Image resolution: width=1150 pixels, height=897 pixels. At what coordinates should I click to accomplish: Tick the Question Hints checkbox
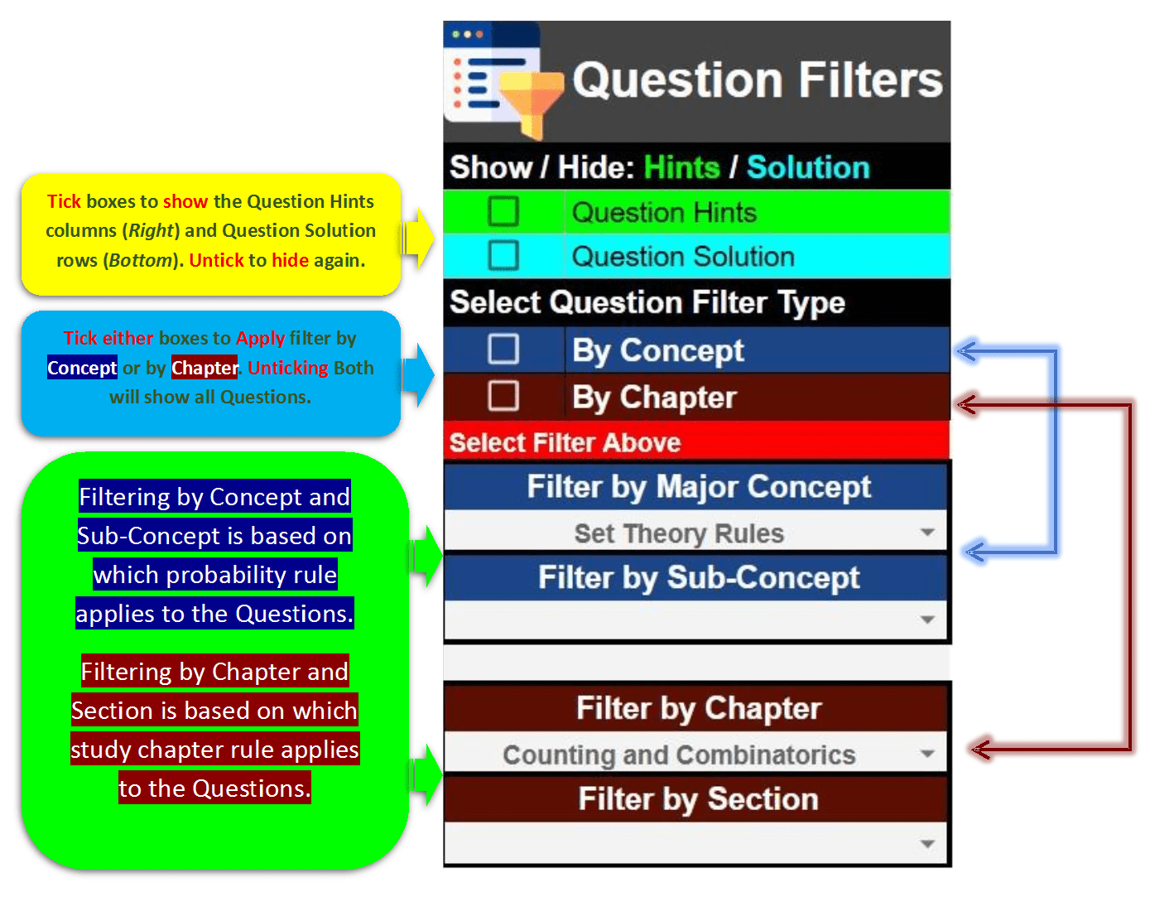tap(503, 211)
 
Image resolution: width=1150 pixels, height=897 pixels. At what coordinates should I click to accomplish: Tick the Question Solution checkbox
tap(503, 255)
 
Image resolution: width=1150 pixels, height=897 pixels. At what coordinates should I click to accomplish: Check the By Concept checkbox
tap(503, 349)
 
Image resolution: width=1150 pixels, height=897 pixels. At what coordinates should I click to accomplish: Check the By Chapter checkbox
tap(503, 396)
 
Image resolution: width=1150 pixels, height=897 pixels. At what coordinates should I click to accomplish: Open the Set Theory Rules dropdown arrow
tap(927, 533)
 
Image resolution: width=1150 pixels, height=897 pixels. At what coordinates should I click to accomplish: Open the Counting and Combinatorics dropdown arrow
tap(927, 754)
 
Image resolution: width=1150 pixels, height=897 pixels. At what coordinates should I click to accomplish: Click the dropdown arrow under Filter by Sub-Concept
tap(927, 620)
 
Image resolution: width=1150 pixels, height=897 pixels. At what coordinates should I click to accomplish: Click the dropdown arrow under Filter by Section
tap(927, 844)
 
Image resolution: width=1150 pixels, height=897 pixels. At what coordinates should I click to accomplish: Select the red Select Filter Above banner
tap(695, 441)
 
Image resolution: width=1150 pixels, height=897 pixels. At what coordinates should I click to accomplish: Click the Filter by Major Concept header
tap(698, 487)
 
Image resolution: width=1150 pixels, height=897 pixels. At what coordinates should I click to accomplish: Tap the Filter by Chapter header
tap(698, 709)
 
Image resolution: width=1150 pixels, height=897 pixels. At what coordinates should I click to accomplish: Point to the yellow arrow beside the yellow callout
tap(419, 239)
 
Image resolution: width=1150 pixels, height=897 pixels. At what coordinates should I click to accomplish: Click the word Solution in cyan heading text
tap(808, 167)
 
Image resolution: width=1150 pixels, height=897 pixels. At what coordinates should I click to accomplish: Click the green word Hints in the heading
tap(681, 167)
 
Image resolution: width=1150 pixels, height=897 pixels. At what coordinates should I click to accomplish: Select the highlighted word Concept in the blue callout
tap(82, 368)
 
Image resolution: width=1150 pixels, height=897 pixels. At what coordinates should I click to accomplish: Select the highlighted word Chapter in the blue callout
tap(204, 368)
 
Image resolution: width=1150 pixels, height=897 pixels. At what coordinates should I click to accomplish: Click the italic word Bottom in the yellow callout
tap(140, 260)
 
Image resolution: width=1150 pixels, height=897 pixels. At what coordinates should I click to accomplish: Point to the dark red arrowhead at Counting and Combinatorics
tap(981, 750)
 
